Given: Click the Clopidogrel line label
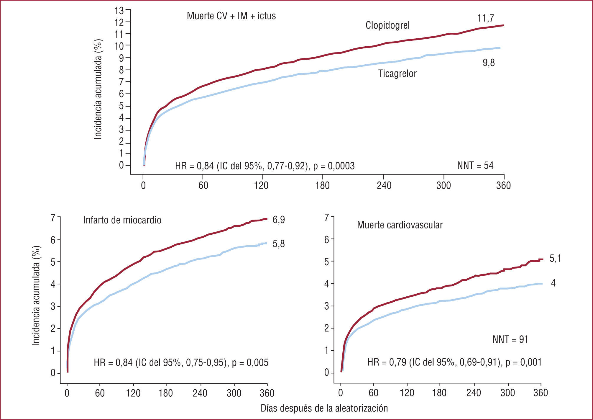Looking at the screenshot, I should click(x=387, y=25).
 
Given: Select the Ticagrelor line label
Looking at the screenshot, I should click(x=397, y=73).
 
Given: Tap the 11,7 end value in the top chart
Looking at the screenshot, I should click(x=485, y=18).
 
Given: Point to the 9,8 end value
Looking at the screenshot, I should click(x=489, y=63).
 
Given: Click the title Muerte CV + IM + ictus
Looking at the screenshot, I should click(x=231, y=16).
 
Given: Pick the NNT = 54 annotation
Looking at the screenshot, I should click(x=475, y=166).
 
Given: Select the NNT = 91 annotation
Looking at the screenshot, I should click(x=510, y=339).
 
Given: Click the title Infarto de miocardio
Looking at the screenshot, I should click(x=122, y=220).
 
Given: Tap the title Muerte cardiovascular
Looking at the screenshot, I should click(x=400, y=225).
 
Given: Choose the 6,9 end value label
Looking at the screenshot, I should click(x=279, y=220).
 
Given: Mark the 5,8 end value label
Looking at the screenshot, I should click(x=279, y=244).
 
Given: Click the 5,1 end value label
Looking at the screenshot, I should click(x=555, y=259).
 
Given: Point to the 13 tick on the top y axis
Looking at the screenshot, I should click(x=119, y=11).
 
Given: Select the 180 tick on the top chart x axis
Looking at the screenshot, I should click(x=322, y=186).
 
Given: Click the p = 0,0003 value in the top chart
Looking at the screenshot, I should click(x=334, y=166).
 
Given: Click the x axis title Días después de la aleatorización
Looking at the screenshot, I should click(x=324, y=408).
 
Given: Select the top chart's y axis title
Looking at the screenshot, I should click(x=98, y=89).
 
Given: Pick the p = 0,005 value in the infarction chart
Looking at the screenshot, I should click(x=250, y=362).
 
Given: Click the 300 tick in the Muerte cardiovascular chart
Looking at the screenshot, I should click(x=507, y=393).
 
